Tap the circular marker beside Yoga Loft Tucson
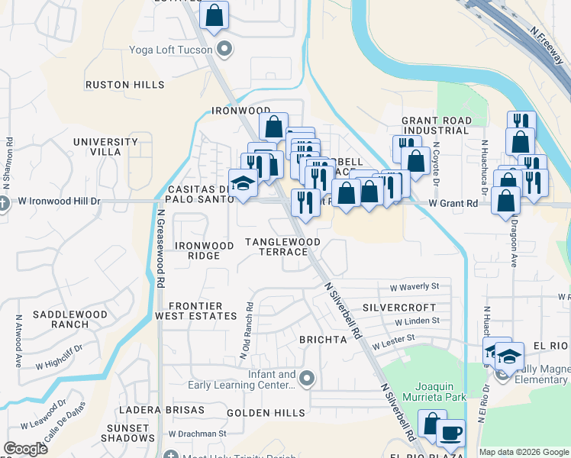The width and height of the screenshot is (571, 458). coord(224,50)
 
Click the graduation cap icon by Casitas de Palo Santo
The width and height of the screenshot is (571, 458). coord(244,185)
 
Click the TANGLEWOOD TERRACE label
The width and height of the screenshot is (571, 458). coord(282,247)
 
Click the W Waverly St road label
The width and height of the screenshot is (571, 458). coord(415,287)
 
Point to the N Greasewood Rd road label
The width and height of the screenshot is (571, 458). coord(162,248)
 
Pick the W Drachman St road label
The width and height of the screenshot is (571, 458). coord(198,433)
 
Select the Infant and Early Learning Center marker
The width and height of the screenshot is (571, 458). coord(307,378)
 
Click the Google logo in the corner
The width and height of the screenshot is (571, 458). coord(25,449)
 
